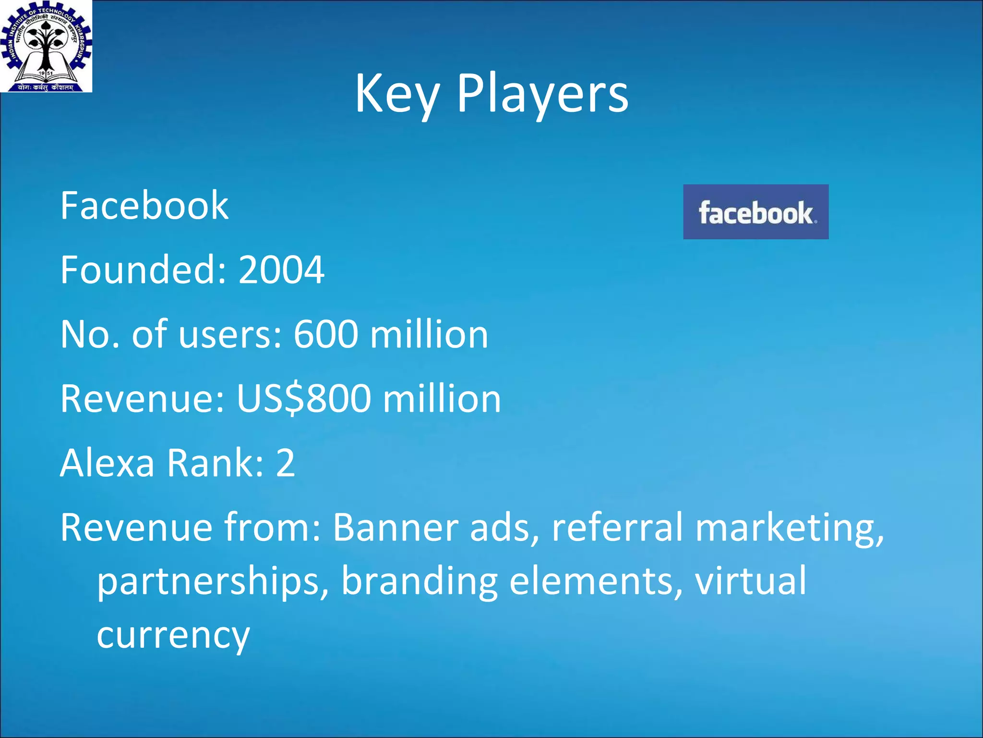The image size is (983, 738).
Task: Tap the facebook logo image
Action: (755, 212)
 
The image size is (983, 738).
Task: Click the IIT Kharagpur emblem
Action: (46, 46)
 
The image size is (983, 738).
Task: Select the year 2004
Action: (281, 270)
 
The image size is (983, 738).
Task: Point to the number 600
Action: (326, 334)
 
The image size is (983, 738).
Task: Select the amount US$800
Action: (304, 399)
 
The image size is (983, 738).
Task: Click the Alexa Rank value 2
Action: (285, 463)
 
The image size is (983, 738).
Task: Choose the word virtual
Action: (751, 581)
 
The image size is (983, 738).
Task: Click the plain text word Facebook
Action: (144, 206)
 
